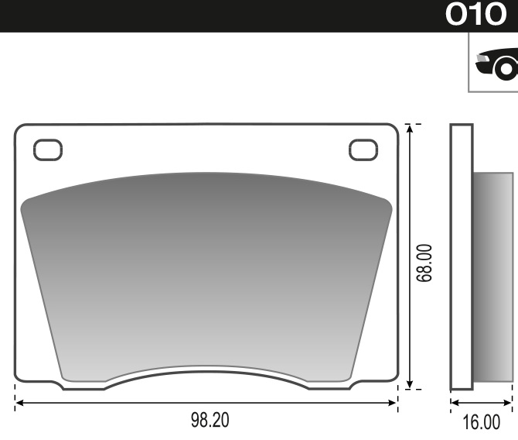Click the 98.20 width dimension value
[x=210, y=421]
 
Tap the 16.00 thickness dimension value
[x=480, y=422]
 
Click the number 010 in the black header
[x=475, y=15]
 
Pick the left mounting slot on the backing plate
[x=47, y=149]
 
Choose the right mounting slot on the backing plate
[x=363, y=149]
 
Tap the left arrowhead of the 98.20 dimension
[x=19, y=404]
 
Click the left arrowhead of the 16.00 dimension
[x=454, y=404]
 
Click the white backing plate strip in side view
[x=461, y=256]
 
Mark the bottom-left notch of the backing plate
[x=60, y=383]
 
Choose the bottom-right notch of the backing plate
[x=353, y=383]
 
